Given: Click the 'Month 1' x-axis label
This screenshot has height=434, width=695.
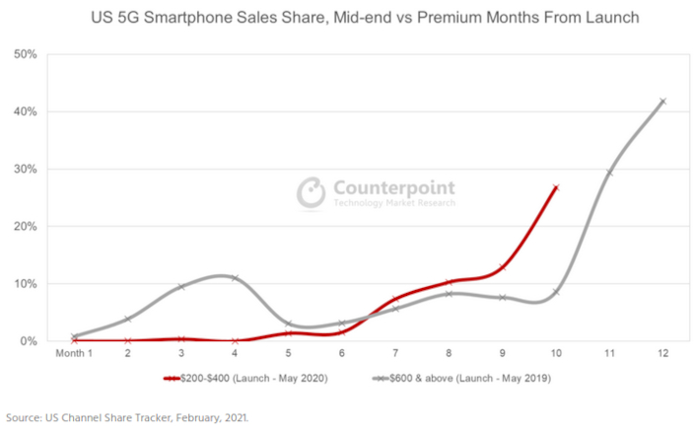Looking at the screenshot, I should (x=74, y=354).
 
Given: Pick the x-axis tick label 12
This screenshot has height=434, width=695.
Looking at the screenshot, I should (x=662, y=354).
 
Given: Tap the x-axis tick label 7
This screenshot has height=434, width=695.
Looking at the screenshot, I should (x=394, y=354).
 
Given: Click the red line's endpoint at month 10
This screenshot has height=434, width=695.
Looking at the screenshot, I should (x=556, y=187).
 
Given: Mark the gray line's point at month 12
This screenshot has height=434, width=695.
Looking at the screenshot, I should (x=662, y=101).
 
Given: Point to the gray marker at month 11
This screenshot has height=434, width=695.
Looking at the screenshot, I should (x=609, y=173).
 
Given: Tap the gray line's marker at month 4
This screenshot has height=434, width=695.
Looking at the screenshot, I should (x=235, y=278).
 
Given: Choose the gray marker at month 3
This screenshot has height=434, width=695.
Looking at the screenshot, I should (x=180, y=287).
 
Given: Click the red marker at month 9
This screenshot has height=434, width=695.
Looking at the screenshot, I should (x=502, y=267).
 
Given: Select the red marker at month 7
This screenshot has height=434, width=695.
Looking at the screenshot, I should (x=394, y=299).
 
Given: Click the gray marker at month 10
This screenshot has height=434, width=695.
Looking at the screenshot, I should (x=556, y=292).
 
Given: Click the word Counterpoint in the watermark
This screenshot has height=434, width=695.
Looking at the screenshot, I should (x=393, y=186).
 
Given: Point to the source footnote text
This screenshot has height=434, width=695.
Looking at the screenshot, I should (x=125, y=417).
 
